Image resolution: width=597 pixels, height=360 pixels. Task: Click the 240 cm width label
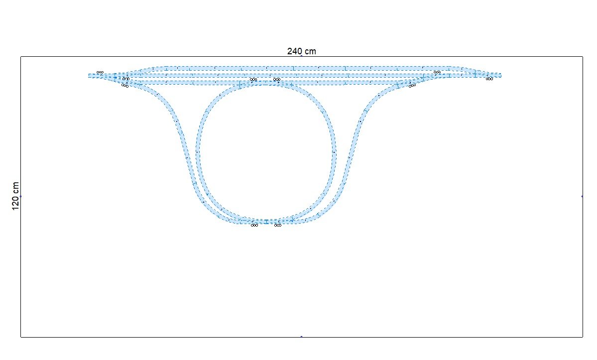pyautogui.click(x=302, y=51)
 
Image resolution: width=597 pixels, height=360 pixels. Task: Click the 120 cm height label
pyautogui.click(x=15, y=196)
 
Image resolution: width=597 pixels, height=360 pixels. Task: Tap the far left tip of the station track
pyautogui.click(x=89, y=76)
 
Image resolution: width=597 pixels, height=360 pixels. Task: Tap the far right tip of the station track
pyautogui.click(x=501, y=75)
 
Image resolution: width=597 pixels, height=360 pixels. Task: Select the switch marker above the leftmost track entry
pyautogui.click(x=100, y=72)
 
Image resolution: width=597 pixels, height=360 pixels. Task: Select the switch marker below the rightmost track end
pyautogui.click(x=489, y=79)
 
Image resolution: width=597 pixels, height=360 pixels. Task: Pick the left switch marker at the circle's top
pyautogui.click(x=253, y=80)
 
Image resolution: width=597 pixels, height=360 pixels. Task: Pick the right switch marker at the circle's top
pyautogui.click(x=277, y=80)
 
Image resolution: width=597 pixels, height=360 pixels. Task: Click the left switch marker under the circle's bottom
pyautogui.click(x=254, y=225)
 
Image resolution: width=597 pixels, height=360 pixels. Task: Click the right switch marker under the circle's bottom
pyautogui.click(x=278, y=225)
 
